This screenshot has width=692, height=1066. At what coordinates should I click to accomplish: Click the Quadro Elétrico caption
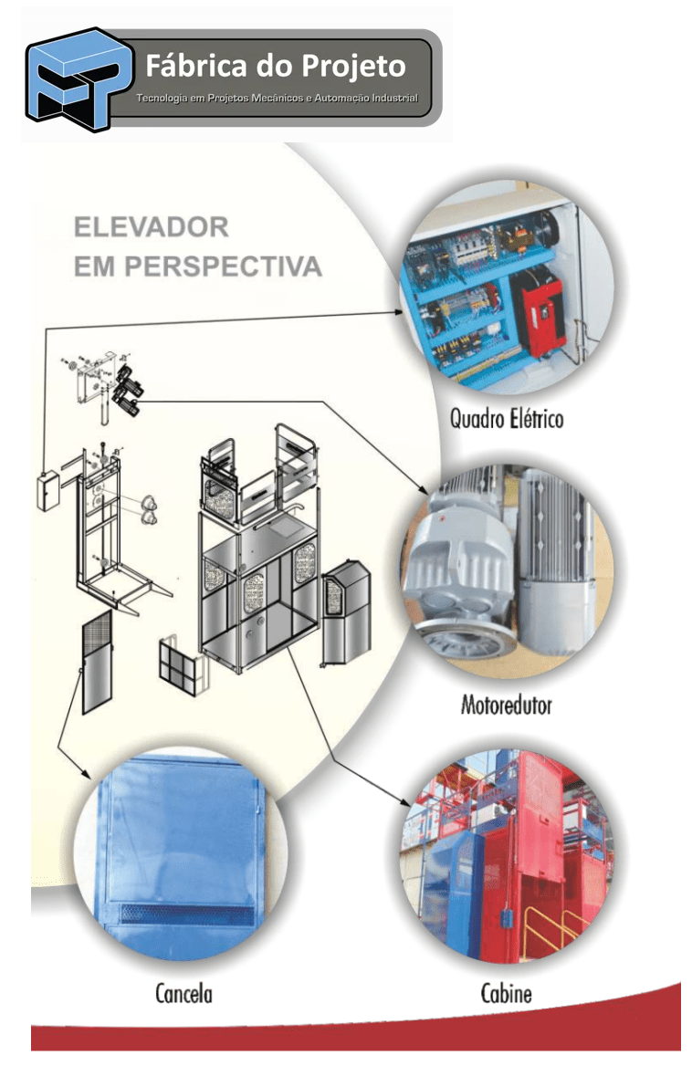506,419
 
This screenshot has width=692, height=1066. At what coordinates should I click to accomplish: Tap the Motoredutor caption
506,705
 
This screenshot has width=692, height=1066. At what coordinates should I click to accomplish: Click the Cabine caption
506,992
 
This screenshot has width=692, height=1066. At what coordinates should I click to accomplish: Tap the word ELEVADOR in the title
151,225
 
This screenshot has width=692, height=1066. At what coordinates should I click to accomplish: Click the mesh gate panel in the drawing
97,661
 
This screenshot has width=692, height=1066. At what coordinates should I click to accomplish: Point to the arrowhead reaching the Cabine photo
407,800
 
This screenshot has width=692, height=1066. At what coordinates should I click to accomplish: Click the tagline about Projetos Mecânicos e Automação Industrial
277,98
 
